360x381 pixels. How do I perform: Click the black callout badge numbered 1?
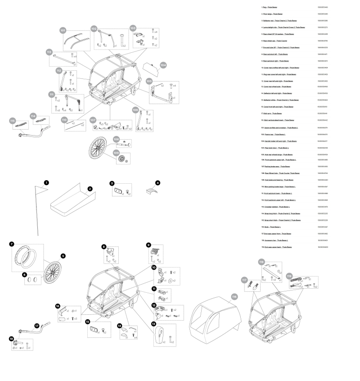tap(45, 183)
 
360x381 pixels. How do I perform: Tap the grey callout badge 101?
tap(63, 30)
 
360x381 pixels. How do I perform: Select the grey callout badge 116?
tap(234, 296)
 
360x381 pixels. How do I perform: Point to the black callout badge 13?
tap(153, 323)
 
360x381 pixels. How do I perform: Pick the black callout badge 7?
tap(12, 244)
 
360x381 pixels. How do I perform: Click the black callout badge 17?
tap(37, 325)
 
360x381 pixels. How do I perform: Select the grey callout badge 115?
tap(13, 121)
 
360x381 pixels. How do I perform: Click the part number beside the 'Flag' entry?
tap(323, 7)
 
